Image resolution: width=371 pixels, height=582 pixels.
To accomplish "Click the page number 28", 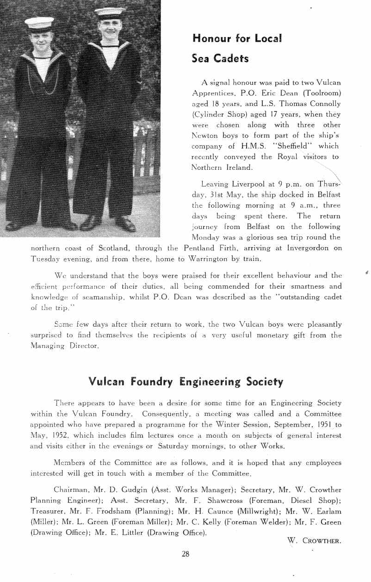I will tap(185, 554).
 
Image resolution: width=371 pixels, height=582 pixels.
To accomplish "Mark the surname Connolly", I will tap(322, 104).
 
